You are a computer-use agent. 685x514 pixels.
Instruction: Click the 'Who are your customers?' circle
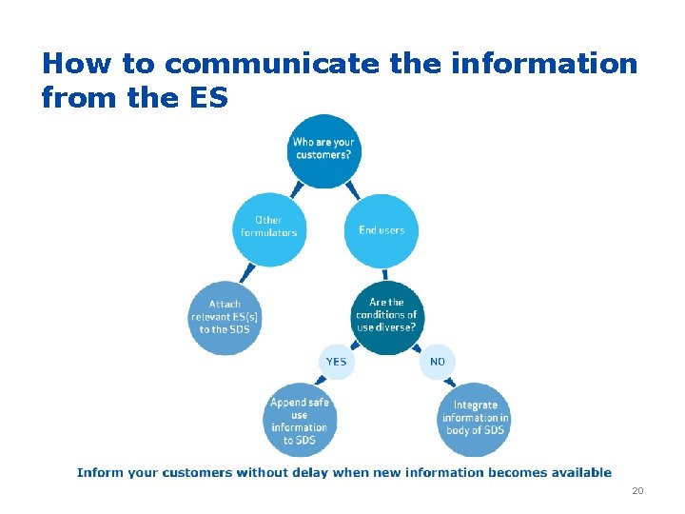pyautogui.click(x=323, y=150)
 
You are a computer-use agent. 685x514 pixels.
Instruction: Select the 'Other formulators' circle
pyautogui.click(x=269, y=228)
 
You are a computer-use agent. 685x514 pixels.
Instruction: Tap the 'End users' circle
pyautogui.click(x=381, y=230)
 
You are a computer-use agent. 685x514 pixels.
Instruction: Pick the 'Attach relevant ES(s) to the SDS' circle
pyautogui.click(x=225, y=317)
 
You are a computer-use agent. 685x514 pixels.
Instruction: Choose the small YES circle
pyautogui.click(x=336, y=362)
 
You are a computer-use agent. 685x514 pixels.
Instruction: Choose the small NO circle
pyautogui.click(x=438, y=362)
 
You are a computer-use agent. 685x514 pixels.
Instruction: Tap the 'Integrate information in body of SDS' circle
pyautogui.click(x=475, y=419)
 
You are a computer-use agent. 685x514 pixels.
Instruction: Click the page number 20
pyautogui.click(x=637, y=491)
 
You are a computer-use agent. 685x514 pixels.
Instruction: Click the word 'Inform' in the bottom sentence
pyautogui.click(x=97, y=472)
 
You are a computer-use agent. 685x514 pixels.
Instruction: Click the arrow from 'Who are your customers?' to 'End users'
pyautogui.click(x=353, y=189)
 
